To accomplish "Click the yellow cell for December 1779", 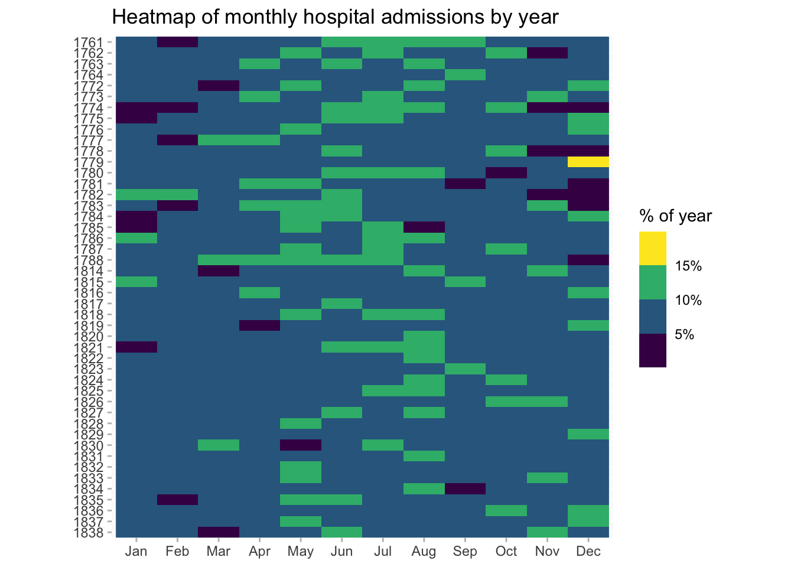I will coord(588,162).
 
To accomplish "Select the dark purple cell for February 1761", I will coord(177,42).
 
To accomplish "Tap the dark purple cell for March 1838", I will coord(219,532).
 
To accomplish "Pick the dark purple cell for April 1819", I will coord(259,325).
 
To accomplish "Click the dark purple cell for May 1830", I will coord(301,445).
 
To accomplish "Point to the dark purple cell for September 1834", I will coord(465,488).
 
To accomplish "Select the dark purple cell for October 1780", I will coord(506,173).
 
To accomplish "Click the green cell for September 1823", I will coord(465,369).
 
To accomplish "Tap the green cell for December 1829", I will coord(588,434).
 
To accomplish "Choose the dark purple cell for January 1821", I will coord(136,347).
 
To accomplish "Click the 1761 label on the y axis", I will coord(89,42).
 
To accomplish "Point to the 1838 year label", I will coord(89,532).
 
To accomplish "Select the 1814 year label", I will coord(89,271).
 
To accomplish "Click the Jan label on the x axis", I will coord(136,552).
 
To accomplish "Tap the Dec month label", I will coord(588,552).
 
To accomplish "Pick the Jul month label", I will coord(383,552).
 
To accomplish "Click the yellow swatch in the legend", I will coord(652,248).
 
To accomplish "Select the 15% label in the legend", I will coord(688,266).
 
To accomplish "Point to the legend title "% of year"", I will coord(675,216).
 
